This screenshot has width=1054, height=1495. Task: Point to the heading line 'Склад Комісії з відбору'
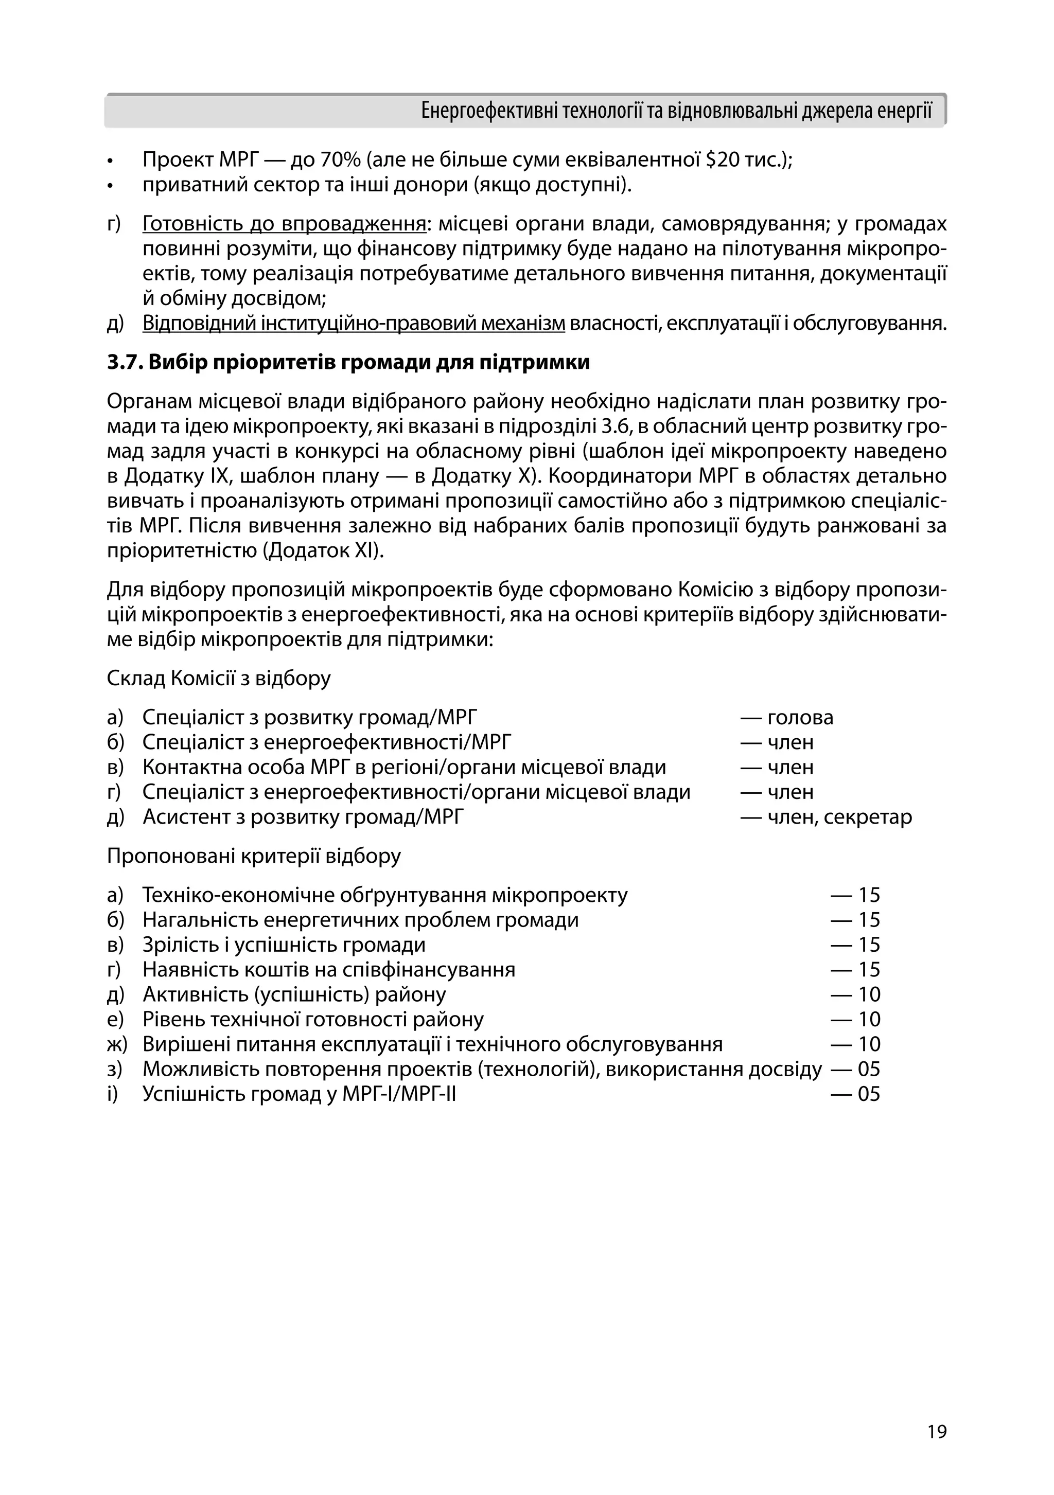219,679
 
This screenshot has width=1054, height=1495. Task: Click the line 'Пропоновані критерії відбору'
254,856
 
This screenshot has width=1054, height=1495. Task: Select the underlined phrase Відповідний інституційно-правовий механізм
354,324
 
